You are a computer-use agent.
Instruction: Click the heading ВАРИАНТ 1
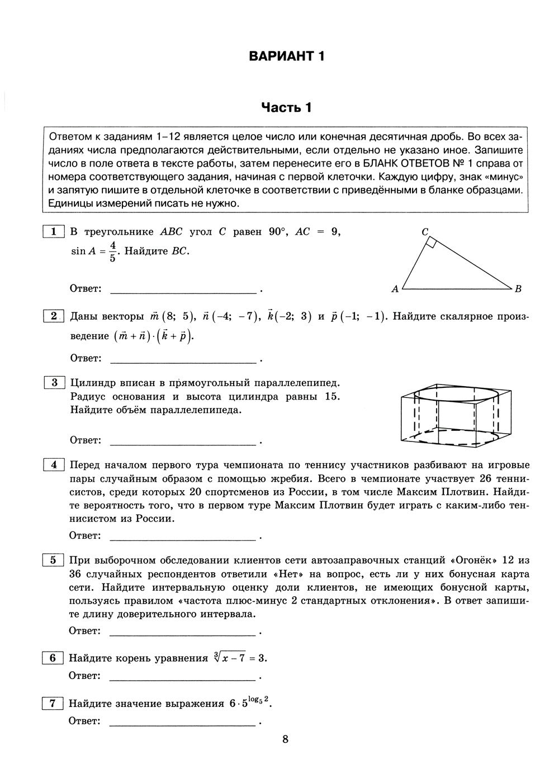(x=286, y=56)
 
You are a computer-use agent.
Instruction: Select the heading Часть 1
(x=286, y=107)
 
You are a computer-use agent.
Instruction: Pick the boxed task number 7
(x=53, y=704)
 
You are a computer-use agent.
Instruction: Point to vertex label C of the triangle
(x=425, y=231)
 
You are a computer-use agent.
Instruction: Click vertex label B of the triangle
(x=518, y=289)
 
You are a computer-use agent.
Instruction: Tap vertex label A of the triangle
(x=395, y=289)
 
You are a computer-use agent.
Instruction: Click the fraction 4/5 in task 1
(x=112, y=251)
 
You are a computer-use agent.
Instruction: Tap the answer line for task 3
(x=183, y=444)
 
